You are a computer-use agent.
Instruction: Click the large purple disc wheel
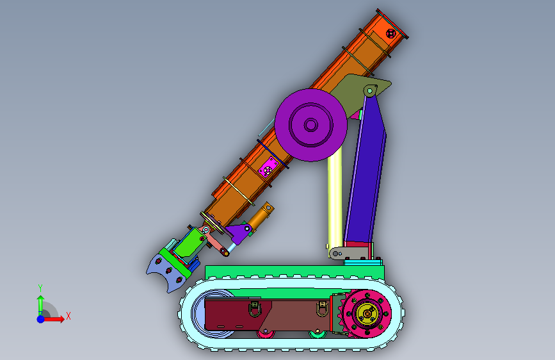(x=310, y=125)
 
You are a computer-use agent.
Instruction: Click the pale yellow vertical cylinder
(x=335, y=199)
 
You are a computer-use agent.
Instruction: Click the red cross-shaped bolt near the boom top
(x=390, y=34)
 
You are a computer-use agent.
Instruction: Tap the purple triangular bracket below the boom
(x=239, y=232)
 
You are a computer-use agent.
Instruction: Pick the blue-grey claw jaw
(x=167, y=274)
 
